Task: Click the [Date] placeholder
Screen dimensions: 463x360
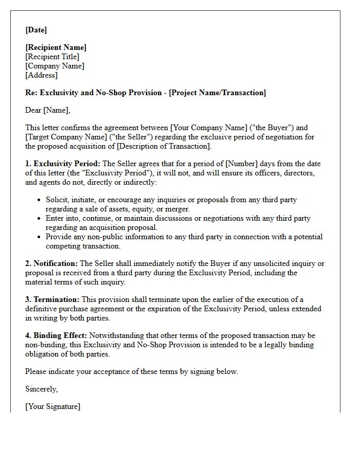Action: tap(36, 30)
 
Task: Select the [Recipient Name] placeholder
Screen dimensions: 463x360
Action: tap(56, 48)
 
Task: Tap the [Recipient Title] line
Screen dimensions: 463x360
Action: tap(52, 57)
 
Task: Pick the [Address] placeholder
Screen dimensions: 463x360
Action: tap(42, 76)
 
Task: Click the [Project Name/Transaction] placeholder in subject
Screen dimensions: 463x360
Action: tap(218, 93)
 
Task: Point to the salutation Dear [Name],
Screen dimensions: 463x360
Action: tap(48, 110)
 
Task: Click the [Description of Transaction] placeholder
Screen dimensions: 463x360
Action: tap(164, 147)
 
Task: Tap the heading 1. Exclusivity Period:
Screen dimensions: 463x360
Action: tap(63, 164)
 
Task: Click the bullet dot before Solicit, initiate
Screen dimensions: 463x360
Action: tap(40, 200)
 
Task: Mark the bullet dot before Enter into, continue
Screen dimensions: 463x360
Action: tap(40, 219)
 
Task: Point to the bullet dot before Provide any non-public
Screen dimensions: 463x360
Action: tap(40, 237)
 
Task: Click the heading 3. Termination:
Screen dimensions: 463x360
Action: tap(52, 300)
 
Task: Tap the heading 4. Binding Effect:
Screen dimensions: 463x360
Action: tap(57, 336)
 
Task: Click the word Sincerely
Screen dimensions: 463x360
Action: tap(42, 389)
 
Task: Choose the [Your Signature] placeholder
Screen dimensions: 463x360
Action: tap(53, 407)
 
